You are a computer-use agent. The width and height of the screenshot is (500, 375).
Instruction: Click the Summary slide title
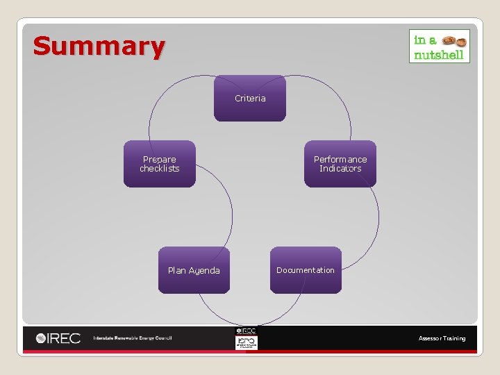99,47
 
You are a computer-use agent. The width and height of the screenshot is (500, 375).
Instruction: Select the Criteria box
250,98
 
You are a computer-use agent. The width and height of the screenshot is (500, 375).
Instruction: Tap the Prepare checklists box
160,164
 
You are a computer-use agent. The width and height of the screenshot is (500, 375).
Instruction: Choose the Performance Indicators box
340,164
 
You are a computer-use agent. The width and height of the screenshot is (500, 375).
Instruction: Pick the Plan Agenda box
194,270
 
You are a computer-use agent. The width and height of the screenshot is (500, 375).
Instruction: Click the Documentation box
306,270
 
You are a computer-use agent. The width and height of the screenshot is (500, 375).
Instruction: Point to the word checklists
160,169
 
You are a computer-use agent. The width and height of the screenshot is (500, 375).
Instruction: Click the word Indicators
340,169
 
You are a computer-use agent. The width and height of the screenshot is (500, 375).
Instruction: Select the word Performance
340,160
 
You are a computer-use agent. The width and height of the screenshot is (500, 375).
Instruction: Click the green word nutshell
438,55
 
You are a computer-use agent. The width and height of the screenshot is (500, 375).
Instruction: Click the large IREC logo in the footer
58,338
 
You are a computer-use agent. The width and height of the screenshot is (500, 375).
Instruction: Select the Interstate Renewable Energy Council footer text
133,338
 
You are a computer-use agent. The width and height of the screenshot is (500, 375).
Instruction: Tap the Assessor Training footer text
442,338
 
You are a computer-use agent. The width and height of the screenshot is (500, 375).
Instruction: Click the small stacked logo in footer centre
246,338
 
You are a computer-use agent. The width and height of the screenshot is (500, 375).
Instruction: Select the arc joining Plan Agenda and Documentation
250,322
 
